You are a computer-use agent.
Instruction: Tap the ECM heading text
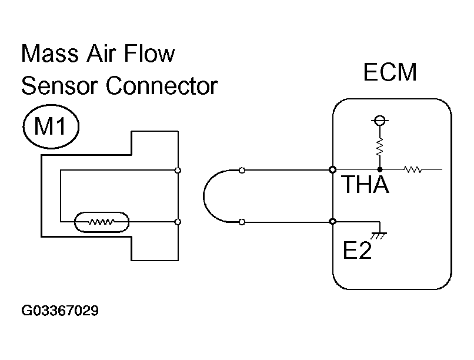pyautogui.click(x=390, y=72)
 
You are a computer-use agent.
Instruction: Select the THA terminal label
pyautogui.click(x=365, y=184)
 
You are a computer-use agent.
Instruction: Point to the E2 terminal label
pyautogui.click(x=357, y=250)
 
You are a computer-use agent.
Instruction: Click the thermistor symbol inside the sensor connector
pyautogui.click(x=102, y=222)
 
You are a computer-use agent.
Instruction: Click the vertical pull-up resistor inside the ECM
pyautogui.click(x=380, y=147)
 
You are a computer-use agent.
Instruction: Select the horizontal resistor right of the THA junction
pyautogui.click(x=413, y=169)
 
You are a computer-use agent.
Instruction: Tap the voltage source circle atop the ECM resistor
pyautogui.click(x=380, y=121)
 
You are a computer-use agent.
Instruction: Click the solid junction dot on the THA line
pyautogui.click(x=380, y=170)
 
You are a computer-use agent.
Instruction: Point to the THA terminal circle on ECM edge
pyautogui.click(x=332, y=170)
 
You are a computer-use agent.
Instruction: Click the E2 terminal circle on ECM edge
pyautogui.click(x=332, y=222)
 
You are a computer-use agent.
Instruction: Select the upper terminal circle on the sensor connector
pyautogui.click(x=178, y=171)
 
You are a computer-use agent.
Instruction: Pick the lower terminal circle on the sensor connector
pyautogui.click(x=178, y=222)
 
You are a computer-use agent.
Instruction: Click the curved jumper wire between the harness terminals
pyautogui.click(x=203, y=196)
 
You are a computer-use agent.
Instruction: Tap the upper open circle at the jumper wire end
pyautogui.click(x=242, y=171)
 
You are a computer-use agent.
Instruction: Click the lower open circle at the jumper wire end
pyautogui.click(x=242, y=222)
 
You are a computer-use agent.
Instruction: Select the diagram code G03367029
pyautogui.click(x=60, y=311)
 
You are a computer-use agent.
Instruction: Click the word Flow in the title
pyautogui.click(x=149, y=53)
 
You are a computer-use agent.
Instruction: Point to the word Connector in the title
pyautogui.click(x=161, y=86)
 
